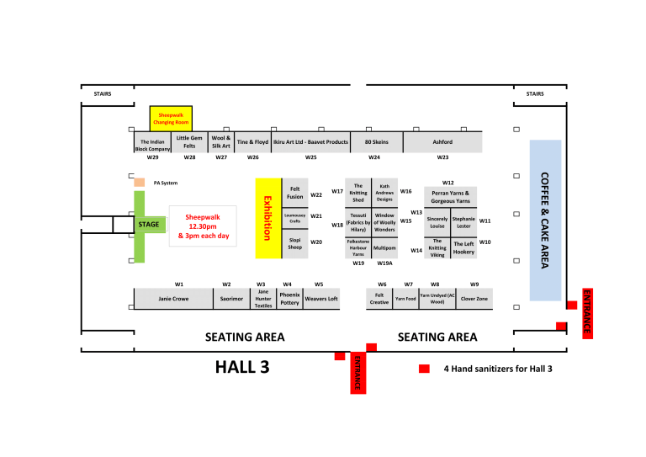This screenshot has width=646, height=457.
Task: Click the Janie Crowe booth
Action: (173, 298)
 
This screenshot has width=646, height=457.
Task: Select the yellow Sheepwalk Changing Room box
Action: (171, 118)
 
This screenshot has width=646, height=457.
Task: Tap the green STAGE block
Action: (148, 226)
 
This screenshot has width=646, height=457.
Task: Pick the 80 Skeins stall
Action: (376, 142)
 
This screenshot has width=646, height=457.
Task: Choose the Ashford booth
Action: (442, 142)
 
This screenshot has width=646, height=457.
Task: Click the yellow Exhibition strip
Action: (268, 218)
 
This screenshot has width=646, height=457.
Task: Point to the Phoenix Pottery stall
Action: (289, 299)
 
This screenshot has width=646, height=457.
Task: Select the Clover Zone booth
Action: (474, 298)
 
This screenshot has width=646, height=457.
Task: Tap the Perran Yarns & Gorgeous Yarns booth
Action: (450, 197)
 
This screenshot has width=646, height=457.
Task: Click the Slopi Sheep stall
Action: (294, 244)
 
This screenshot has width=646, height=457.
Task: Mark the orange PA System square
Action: (140, 183)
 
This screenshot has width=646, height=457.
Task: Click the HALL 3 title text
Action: (243, 366)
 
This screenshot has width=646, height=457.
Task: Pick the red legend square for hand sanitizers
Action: (425, 369)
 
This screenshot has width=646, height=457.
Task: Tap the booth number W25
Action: (310, 157)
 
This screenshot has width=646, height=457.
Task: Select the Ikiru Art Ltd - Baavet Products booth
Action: (310, 142)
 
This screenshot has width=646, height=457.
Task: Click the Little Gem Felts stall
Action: (189, 142)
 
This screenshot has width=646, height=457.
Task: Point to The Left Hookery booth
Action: (463, 247)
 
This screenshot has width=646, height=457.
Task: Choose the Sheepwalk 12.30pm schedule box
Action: (203, 226)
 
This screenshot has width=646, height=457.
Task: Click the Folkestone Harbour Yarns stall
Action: (358, 247)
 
